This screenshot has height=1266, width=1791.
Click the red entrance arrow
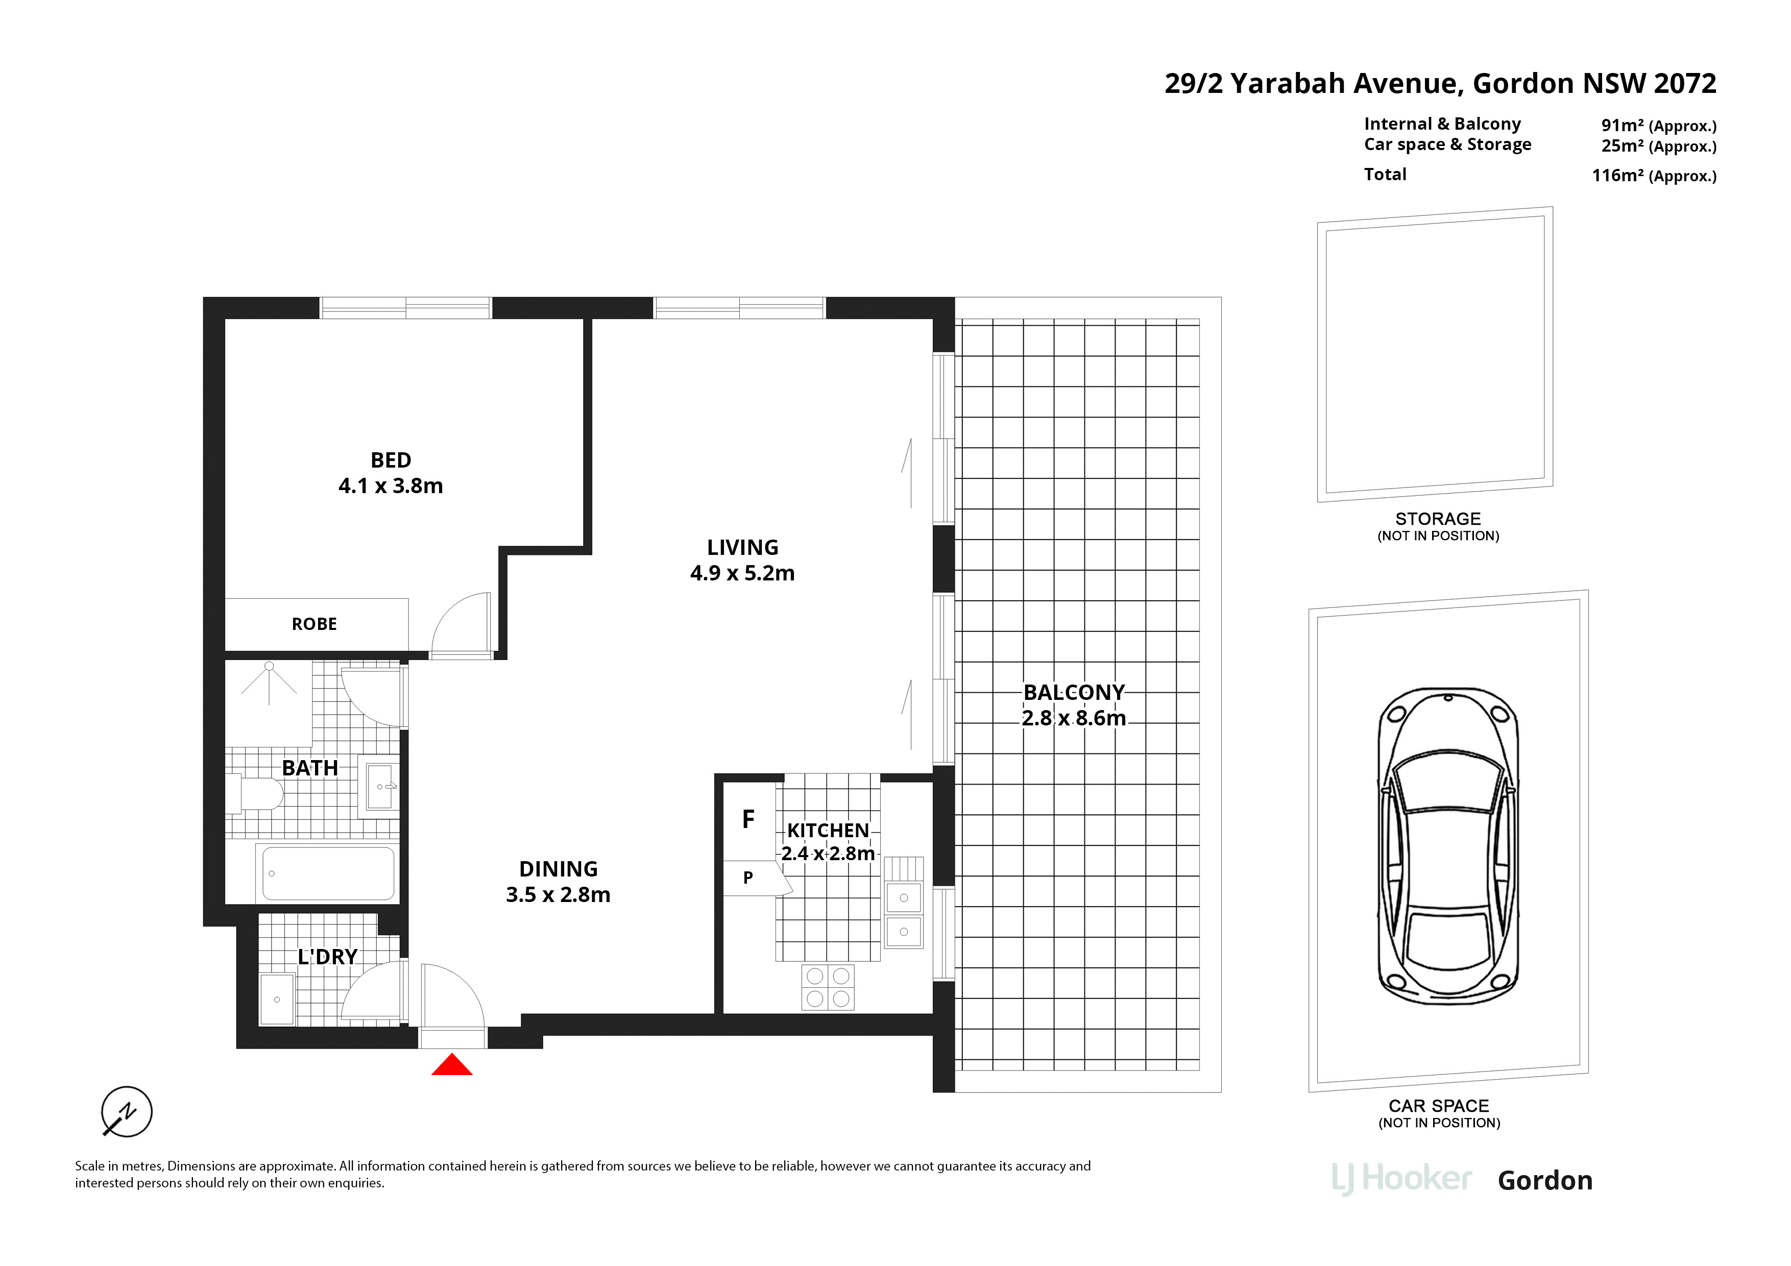[x=452, y=1065]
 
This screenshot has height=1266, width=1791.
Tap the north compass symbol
[x=127, y=1111]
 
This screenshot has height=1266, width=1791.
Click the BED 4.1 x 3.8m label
[x=391, y=473]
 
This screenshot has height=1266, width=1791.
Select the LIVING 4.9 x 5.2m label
[x=743, y=560]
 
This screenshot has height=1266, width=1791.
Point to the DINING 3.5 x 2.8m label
[x=559, y=882]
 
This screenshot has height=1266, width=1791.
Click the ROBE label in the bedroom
[x=314, y=624]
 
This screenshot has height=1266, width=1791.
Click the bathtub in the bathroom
[x=328, y=873]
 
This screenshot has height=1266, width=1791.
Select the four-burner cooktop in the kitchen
[x=828, y=987]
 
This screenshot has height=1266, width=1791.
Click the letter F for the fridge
[x=748, y=819]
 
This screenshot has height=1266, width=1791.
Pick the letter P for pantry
[x=748, y=878]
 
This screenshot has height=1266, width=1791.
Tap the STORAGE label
[x=1438, y=519]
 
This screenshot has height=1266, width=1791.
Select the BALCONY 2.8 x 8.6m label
[x=1074, y=705]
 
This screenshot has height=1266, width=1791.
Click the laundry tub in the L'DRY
[x=277, y=999]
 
